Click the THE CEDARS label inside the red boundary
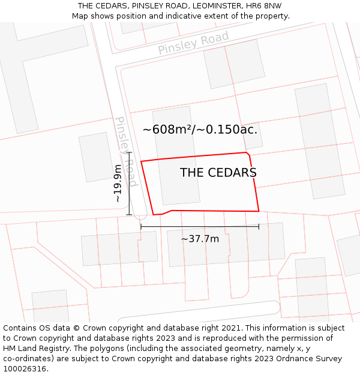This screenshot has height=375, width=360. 218,173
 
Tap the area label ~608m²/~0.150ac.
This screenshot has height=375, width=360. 200,129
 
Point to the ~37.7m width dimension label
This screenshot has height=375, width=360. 200,239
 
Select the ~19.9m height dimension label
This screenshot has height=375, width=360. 118,183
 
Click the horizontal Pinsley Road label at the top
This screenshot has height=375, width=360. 193,43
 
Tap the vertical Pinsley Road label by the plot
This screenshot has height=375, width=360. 126,151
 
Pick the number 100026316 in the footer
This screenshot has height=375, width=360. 25,369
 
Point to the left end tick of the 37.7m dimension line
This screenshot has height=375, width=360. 141,227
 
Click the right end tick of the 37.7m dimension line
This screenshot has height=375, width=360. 259,227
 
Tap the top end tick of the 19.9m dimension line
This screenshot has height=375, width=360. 129,153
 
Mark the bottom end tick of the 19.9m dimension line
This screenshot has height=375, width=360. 129,214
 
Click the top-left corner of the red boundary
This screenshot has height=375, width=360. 141,161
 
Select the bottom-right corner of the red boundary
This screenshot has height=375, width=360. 259,211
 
